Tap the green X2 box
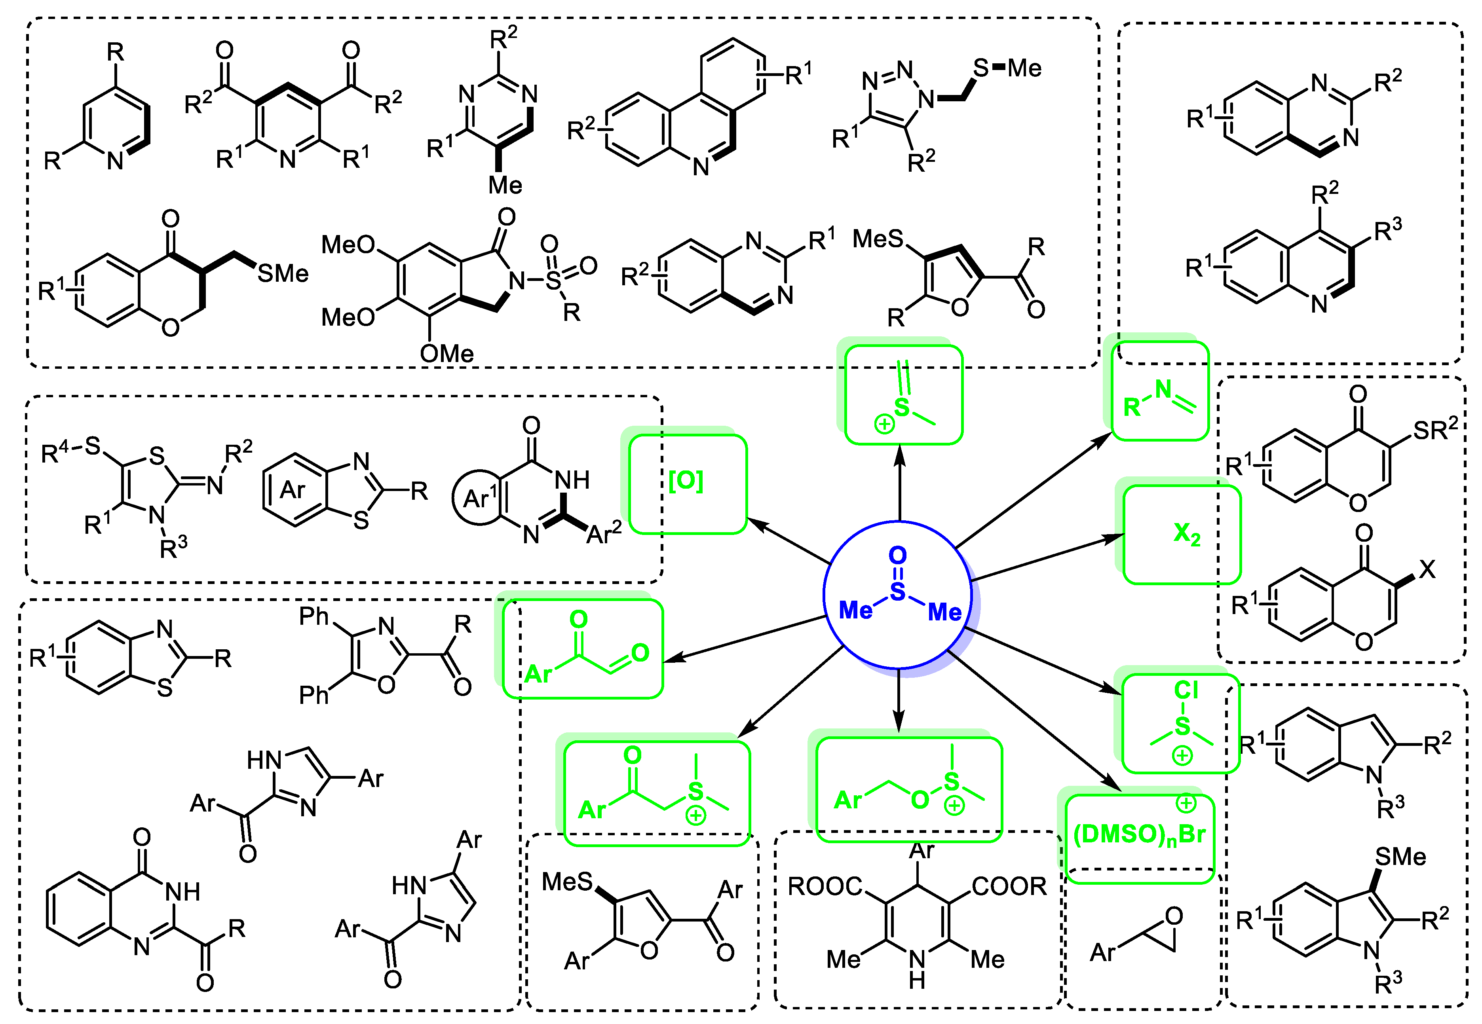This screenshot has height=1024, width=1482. click(x=1182, y=535)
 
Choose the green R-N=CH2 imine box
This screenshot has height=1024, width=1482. click(x=1160, y=391)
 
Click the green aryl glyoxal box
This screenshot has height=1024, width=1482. click(x=582, y=649)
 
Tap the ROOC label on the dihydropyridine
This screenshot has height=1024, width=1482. click(x=825, y=887)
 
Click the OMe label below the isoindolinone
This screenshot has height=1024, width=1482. click(x=447, y=353)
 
